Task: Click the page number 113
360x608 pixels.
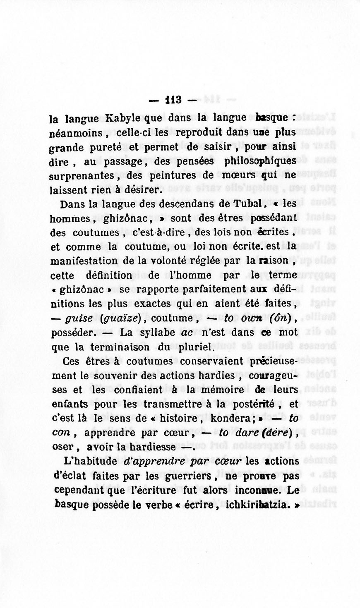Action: click(173, 100)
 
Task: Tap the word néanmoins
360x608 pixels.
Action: click(75, 134)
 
